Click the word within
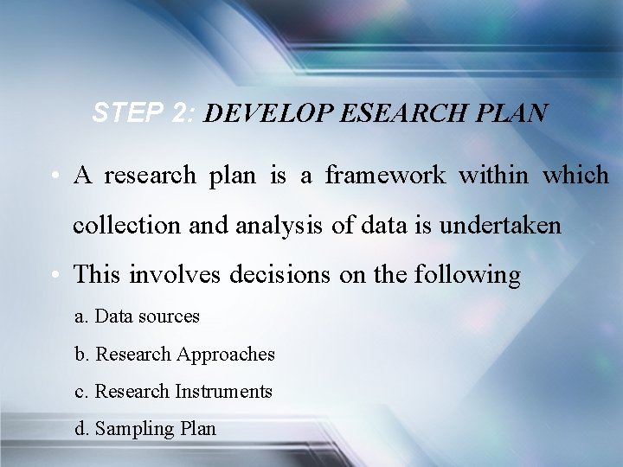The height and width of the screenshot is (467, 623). (489, 176)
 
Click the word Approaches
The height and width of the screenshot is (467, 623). (226, 355)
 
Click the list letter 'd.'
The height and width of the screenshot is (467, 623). (82, 429)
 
